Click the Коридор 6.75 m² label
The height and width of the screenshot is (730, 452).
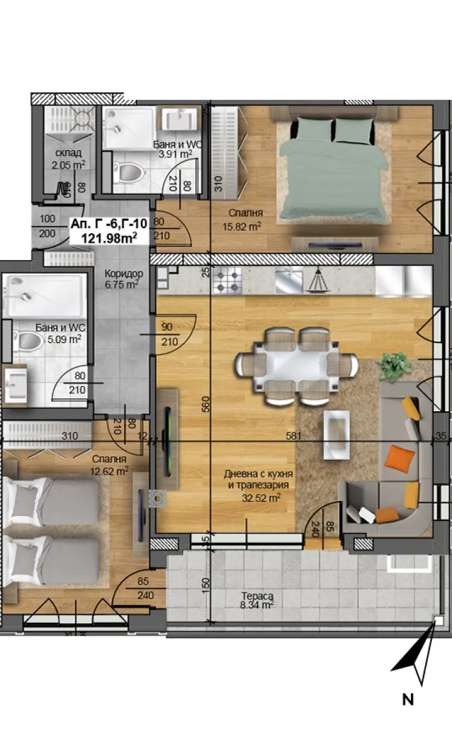click(x=123, y=279)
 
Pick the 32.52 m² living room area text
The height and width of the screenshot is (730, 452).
click(x=261, y=497)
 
